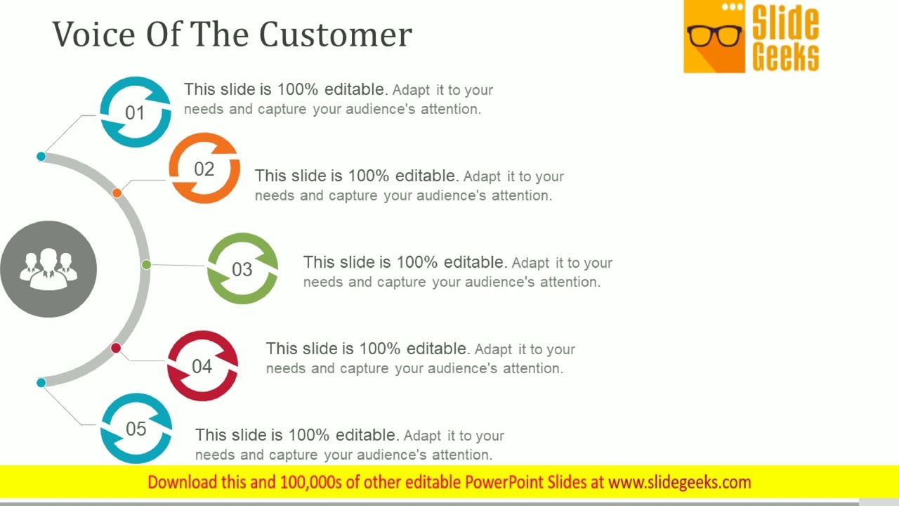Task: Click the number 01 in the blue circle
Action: click(134, 113)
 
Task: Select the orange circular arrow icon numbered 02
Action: click(204, 169)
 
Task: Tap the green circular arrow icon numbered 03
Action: click(242, 269)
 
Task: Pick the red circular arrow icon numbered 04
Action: click(202, 366)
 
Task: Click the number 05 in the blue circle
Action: click(136, 429)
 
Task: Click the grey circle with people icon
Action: click(48, 269)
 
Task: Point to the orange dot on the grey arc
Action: click(117, 193)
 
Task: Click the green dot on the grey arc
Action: click(146, 265)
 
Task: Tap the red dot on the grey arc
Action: click(116, 348)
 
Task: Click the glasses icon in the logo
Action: click(714, 35)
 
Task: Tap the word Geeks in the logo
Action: click(785, 56)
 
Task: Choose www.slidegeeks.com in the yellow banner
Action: click(679, 482)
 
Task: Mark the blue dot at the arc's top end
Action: click(41, 156)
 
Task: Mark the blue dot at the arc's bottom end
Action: click(41, 382)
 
